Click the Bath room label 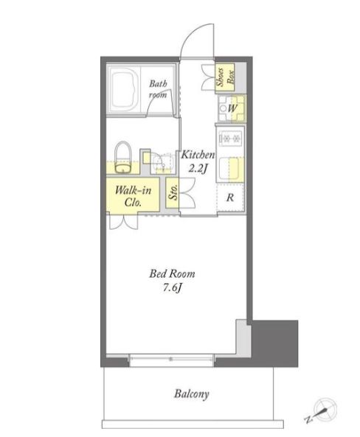coord(158,89)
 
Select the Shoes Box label coord(225,77)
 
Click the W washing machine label coord(232,108)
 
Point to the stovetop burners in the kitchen coord(229,137)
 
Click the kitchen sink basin coord(229,168)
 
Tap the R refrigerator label coord(230,197)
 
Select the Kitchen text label coord(198,155)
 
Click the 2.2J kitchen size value coord(198,168)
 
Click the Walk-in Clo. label coord(133,196)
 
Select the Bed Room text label coord(172,273)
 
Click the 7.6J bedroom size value coord(172,288)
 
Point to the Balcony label coord(192,394)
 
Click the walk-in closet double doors coord(123,223)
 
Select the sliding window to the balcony coord(171,360)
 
